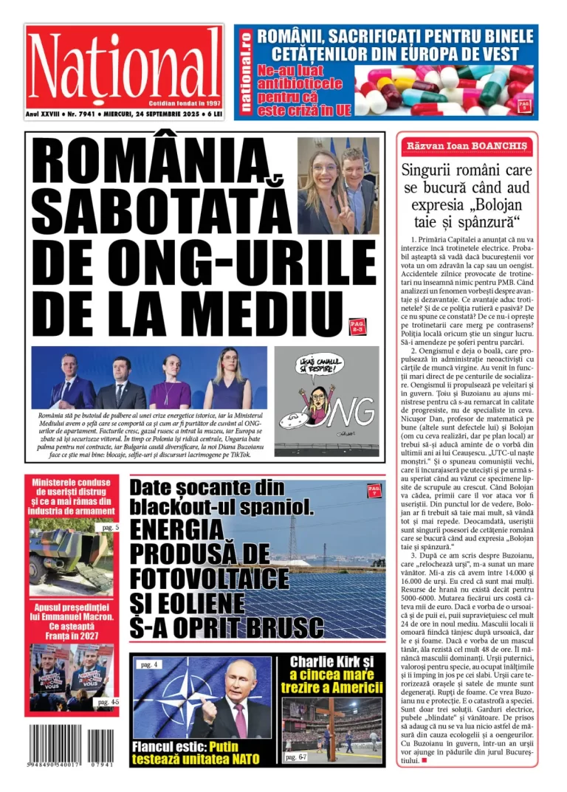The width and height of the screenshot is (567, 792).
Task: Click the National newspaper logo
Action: (124, 66)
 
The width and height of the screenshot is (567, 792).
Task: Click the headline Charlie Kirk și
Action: (331, 662)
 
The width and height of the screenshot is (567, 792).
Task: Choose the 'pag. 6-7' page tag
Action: (300, 757)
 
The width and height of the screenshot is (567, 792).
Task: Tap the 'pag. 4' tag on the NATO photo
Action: (150, 664)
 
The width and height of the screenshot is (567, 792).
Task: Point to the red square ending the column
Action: (424, 760)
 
